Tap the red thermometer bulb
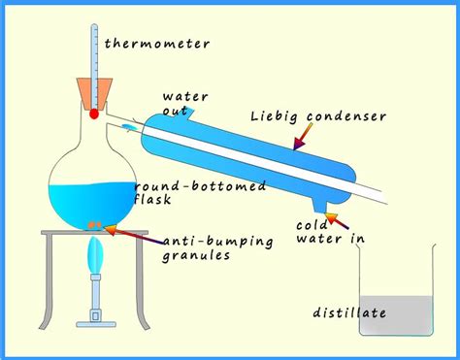click(94, 114)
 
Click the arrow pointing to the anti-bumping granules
click(131, 232)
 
